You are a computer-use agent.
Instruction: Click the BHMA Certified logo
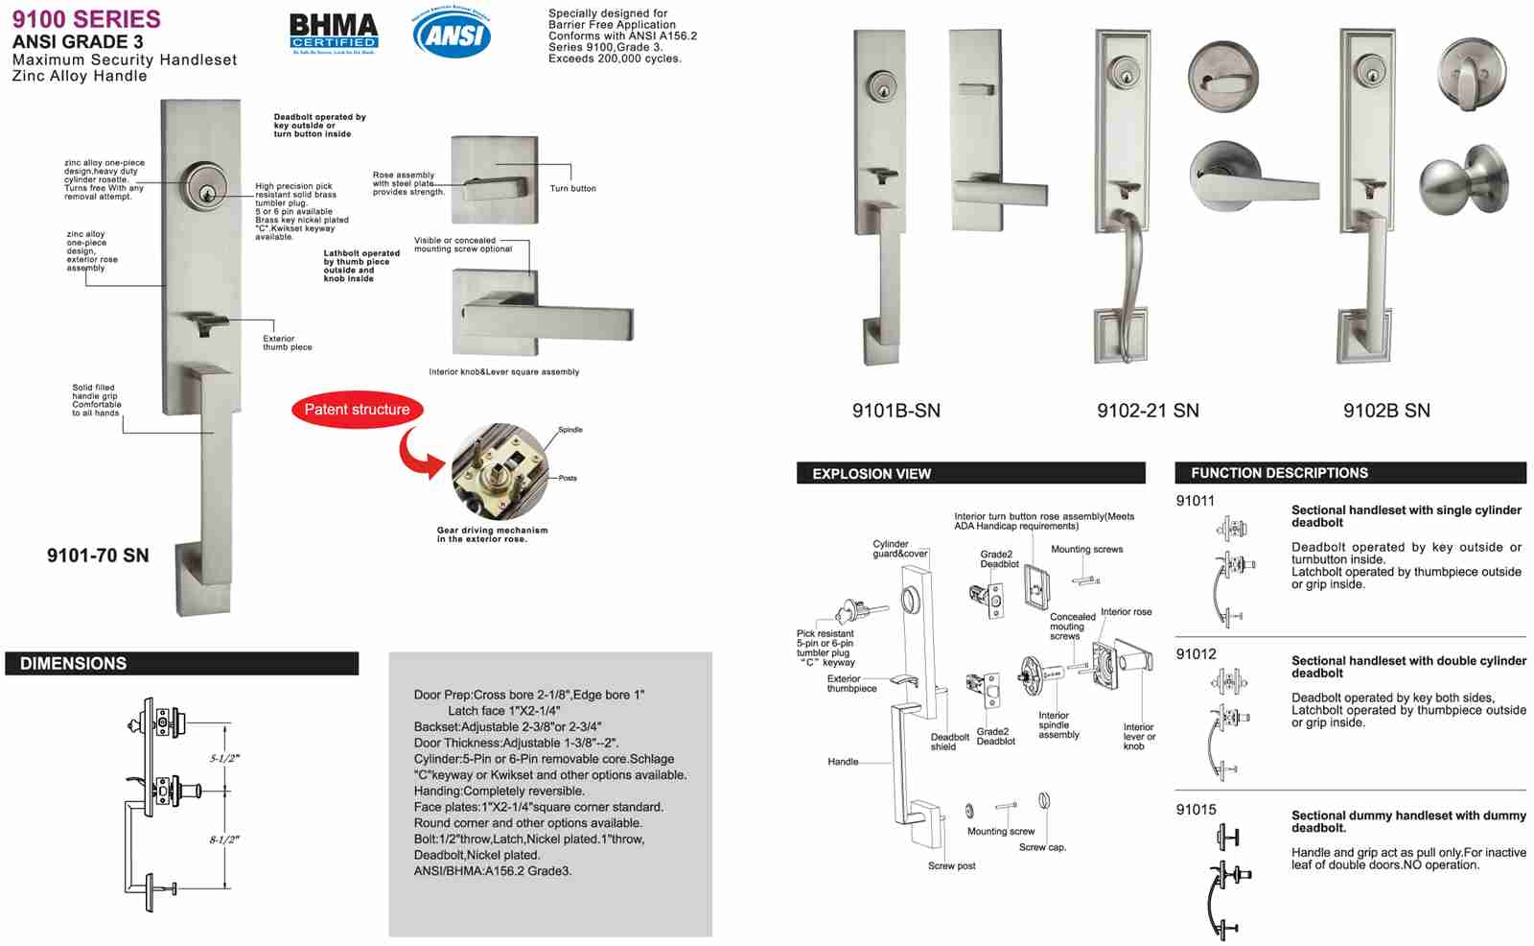click(x=334, y=33)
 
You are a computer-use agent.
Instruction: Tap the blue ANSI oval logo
click(x=452, y=34)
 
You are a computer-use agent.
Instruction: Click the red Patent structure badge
click(x=357, y=410)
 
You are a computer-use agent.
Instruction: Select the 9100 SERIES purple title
click(x=86, y=18)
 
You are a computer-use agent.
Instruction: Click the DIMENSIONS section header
click(x=74, y=664)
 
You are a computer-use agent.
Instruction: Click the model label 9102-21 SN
click(x=1148, y=411)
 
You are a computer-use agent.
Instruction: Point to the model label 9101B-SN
click(x=896, y=411)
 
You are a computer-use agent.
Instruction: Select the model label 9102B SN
click(x=1386, y=411)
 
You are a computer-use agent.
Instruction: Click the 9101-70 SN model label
click(x=98, y=556)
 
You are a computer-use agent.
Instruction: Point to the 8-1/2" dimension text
click(x=224, y=840)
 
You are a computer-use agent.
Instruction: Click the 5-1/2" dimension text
click(x=224, y=758)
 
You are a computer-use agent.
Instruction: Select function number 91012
click(x=1196, y=654)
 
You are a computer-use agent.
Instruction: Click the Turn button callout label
click(x=572, y=189)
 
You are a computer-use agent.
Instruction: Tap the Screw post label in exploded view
click(x=951, y=866)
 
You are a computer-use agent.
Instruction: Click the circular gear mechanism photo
click(x=500, y=472)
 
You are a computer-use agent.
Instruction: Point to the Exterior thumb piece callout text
click(x=287, y=343)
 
